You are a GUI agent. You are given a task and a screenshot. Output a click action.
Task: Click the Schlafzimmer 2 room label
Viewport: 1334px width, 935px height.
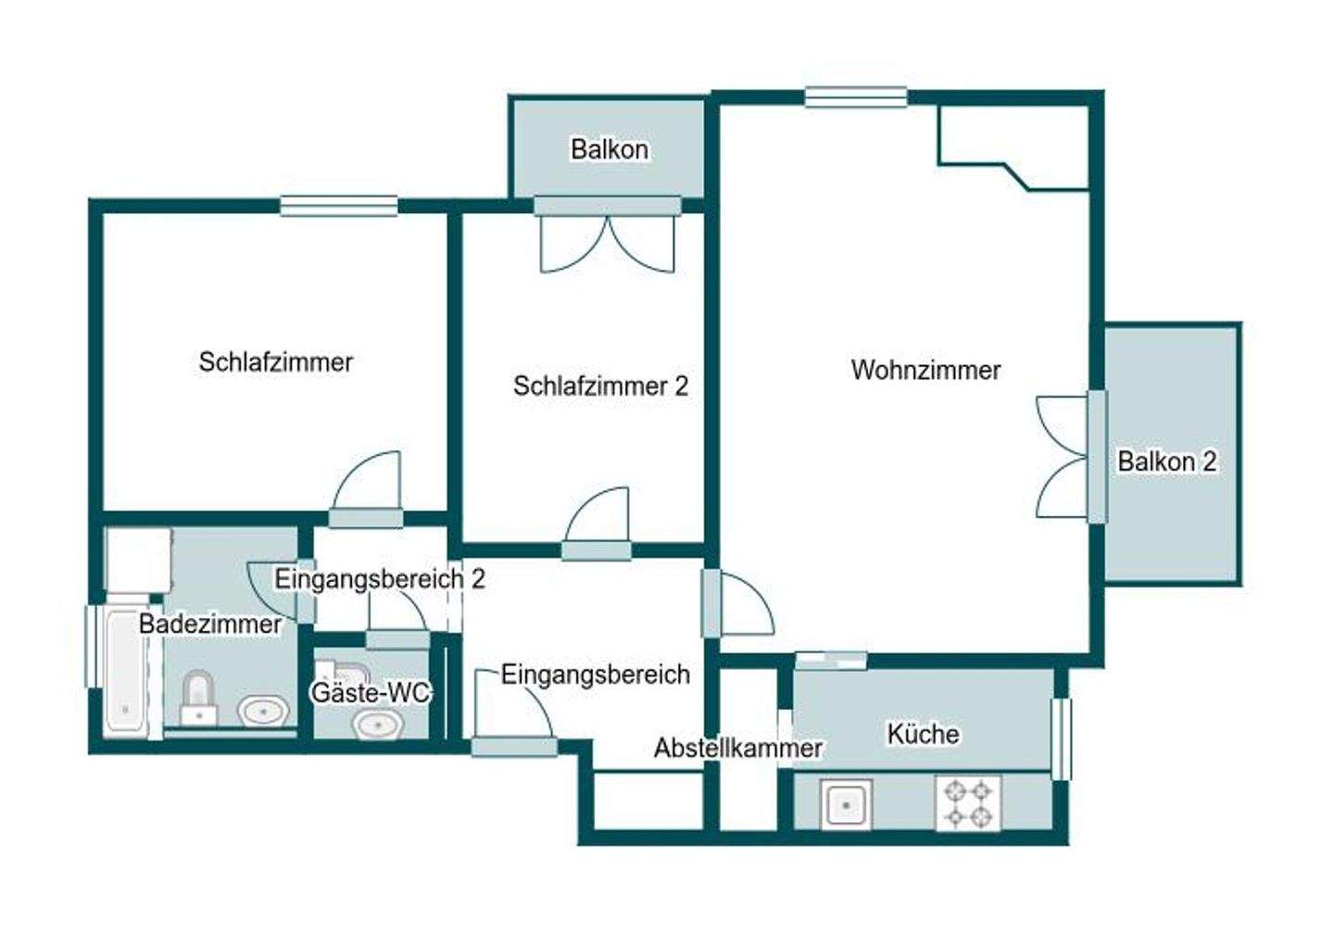click(x=600, y=385)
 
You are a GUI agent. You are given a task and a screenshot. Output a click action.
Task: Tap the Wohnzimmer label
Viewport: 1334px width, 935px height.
click(x=925, y=370)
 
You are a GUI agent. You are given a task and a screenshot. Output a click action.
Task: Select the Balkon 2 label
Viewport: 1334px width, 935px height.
click(x=1166, y=461)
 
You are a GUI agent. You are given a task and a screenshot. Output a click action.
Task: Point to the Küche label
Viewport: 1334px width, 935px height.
click(x=923, y=733)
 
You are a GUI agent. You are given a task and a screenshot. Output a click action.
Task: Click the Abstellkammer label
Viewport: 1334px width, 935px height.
click(x=737, y=748)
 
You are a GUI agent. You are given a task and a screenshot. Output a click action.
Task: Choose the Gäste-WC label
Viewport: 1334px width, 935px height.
click(x=371, y=692)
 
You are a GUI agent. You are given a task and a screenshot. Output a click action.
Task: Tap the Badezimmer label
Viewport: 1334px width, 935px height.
click(x=210, y=624)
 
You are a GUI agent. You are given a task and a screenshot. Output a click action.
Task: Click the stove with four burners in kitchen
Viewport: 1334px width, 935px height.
click(x=968, y=803)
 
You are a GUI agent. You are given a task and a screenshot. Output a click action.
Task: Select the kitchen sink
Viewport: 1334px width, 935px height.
click(x=846, y=803)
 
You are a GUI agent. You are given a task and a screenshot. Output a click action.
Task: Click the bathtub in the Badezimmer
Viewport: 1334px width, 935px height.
click(x=125, y=672)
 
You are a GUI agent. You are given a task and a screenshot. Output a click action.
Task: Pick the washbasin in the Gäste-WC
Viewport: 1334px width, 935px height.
click(x=377, y=724)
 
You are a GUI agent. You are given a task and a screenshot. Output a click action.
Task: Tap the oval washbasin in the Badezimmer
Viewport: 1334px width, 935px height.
click(x=262, y=712)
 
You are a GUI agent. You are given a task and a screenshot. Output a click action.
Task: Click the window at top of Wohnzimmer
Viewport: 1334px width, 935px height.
click(x=855, y=96)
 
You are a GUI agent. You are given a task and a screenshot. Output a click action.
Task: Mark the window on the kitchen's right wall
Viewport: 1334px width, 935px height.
click(x=1062, y=738)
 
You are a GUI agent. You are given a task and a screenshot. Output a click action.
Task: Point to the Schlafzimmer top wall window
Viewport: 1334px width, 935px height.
click(x=339, y=205)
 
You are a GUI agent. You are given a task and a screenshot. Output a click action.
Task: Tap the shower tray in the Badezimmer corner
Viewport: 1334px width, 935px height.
click(x=139, y=560)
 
